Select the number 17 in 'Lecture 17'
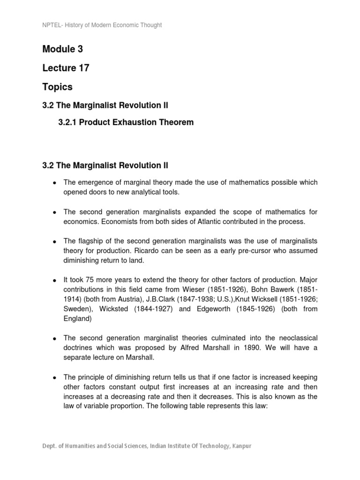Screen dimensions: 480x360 [x=82, y=68]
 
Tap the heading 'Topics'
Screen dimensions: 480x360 [x=57, y=87]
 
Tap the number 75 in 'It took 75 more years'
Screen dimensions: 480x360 [x=97, y=280]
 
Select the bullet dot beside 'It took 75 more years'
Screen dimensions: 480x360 [x=54, y=280]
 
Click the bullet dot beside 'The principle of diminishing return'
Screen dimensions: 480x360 [x=54, y=377]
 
